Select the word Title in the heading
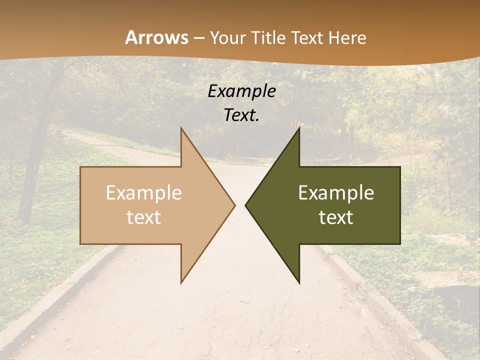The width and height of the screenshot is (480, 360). coord(267,37)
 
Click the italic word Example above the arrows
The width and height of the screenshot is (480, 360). coord(242,91)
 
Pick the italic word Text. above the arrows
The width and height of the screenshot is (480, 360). coord(242,115)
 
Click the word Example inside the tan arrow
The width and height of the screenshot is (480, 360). coord(144,192)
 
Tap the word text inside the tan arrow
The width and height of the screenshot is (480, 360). coord(144,217)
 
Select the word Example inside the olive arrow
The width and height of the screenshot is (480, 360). coord(336,192)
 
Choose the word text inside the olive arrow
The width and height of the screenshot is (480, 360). coord(336,217)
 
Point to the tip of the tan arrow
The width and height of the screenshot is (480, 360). coord(234,205)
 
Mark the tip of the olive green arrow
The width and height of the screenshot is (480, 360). coord(246,205)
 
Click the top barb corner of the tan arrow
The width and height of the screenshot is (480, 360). coord(181,128)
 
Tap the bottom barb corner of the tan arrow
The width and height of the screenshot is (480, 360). coord(181,282)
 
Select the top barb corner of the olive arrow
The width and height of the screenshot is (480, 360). coord(299,128)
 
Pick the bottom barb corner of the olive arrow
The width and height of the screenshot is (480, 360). coord(299,282)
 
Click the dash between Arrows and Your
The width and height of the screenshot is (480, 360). coord(198,38)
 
